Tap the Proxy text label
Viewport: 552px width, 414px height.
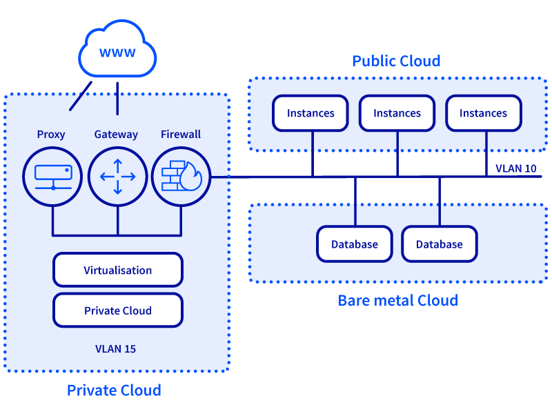[51, 135]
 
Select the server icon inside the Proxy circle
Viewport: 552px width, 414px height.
[53, 177]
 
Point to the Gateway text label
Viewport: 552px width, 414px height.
[116, 135]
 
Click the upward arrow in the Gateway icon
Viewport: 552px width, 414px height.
[117, 166]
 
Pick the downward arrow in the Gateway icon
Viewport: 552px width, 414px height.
[117, 187]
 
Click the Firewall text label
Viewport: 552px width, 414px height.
[181, 134]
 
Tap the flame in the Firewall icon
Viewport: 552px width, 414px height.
[191, 177]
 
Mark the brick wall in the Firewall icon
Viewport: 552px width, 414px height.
[172, 176]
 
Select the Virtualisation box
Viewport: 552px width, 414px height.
[118, 270]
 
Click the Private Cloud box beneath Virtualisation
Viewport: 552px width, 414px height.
[118, 310]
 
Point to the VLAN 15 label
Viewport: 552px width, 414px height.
[115, 349]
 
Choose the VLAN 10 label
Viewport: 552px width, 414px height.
[515, 168]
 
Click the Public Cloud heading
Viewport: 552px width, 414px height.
[396, 61]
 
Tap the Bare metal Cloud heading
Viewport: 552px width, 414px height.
[398, 301]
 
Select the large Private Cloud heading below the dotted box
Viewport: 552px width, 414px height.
[114, 391]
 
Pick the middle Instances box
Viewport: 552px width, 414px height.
[397, 113]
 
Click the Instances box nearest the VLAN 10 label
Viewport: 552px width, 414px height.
[484, 113]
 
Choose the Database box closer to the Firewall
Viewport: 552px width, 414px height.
[355, 244]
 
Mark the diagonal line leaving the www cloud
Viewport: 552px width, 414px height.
[81, 96]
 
